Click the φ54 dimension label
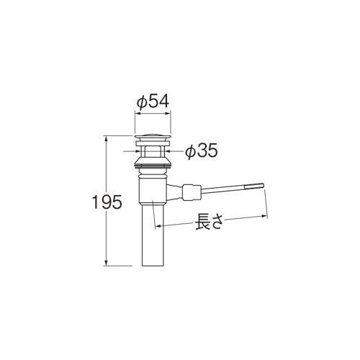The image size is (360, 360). (153, 102)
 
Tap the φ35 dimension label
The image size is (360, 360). (202, 150)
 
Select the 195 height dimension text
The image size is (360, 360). (107, 202)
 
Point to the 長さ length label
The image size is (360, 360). (208, 222)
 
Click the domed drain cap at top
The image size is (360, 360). (153, 137)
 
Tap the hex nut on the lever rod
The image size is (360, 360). (192, 192)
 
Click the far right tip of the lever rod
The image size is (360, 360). (264, 185)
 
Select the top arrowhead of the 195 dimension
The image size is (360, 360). (106, 138)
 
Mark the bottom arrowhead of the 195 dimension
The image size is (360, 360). (106, 263)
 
